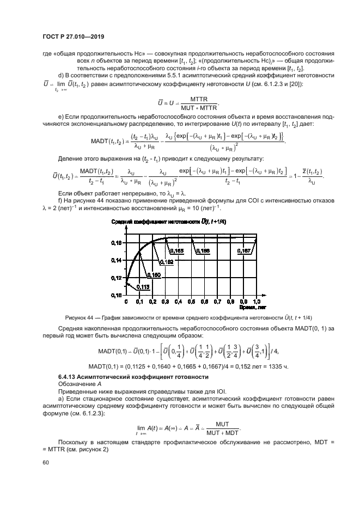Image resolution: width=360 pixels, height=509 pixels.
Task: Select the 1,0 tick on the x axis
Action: pos(257,301)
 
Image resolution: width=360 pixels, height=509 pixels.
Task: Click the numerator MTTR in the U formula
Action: pos(188,99)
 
